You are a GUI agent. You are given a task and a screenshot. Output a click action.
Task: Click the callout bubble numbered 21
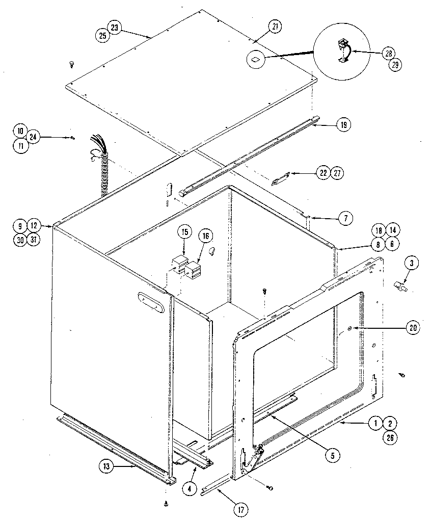click(275, 27)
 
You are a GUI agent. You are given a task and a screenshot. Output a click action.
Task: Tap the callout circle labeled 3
click(412, 263)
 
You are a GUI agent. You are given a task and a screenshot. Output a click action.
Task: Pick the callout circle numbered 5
click(332, 455)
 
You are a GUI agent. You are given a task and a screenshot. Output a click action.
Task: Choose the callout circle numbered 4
click(189, 487)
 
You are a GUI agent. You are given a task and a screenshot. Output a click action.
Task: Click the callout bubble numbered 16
click(206, 236)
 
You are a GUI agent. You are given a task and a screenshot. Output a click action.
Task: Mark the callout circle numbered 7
click(344, 218)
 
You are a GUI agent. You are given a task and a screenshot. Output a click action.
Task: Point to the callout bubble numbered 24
click(33, 137)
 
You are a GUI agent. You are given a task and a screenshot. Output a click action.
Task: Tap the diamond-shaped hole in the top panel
click(256, 59)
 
